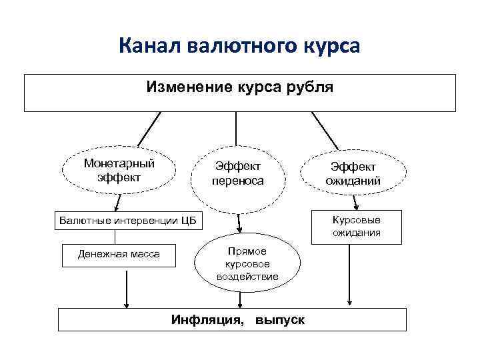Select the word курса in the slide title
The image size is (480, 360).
coord(328,46)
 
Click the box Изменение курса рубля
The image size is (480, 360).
coord(240,93)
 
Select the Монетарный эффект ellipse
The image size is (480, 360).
coord(119,171)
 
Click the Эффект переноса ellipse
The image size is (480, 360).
coord(238,173)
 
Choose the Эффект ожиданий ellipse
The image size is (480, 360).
coord(351,173)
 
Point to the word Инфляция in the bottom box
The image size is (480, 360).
coord(207,320)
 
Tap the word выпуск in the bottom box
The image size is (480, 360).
coord(280,320)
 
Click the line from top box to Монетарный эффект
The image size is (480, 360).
coord(149,129)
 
